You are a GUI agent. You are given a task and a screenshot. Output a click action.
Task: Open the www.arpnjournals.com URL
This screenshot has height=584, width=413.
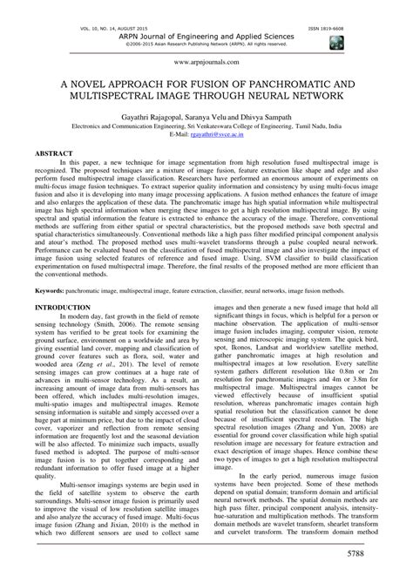tap(206, 64)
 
